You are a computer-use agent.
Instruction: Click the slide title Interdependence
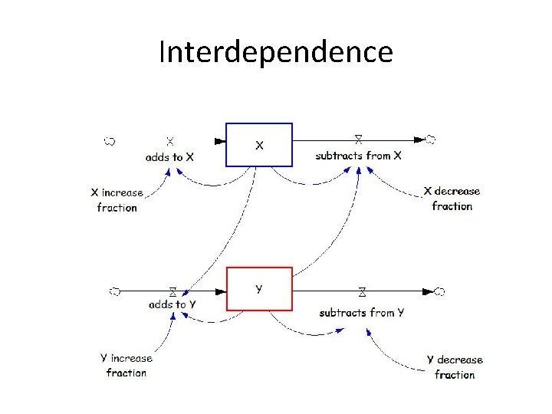[275, 52]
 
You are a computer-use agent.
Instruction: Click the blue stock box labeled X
[259, 144]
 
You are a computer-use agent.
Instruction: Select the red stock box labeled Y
[259, 288]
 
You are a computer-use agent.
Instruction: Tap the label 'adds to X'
[170, 156]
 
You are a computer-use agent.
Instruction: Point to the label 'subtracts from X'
[358, 156]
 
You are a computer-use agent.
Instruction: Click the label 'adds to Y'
[172, 304]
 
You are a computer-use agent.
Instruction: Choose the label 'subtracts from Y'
[361, 312]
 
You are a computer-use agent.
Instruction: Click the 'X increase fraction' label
[117, 200]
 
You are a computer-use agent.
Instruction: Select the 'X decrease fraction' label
[452, 199]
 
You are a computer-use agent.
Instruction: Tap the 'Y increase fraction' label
[127, 366]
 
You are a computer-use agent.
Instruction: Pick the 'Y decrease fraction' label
[455, 367]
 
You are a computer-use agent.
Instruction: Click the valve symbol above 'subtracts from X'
[358, 140]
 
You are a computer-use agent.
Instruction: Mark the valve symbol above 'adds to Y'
[173, 291]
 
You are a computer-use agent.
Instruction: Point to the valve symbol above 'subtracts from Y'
[361, 291]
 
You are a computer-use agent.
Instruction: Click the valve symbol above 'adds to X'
[170, 141]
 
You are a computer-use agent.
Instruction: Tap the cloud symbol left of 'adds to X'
[110, 140]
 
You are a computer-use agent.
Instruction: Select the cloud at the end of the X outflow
[431, 140]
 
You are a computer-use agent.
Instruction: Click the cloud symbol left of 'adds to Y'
[114, 291]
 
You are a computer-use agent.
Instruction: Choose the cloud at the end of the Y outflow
[439, 291]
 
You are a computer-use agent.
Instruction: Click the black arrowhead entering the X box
[220, 140]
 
